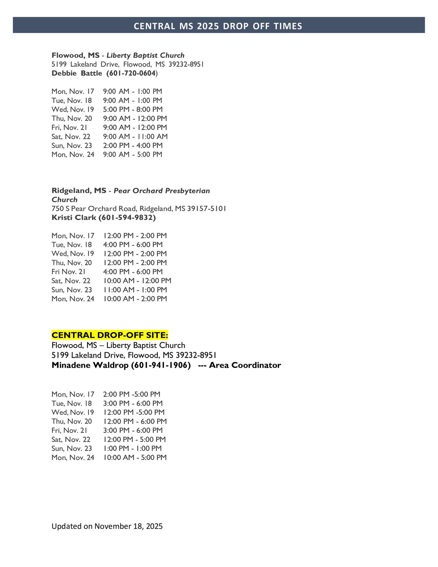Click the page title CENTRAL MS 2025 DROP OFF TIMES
(218, 26)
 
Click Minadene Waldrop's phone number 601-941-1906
(161, 365)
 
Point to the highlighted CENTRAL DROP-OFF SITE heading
(110, 335)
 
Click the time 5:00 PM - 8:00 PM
(133, 109)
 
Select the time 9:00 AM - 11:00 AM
(135, 137)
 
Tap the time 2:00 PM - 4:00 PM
(133, 145)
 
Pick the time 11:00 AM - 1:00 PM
(135, 290)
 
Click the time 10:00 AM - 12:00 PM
(137, 281)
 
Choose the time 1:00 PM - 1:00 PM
(133, 448)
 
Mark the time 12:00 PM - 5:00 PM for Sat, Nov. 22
(135, 439)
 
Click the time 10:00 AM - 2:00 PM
(135, 299)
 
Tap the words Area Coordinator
(245, 365)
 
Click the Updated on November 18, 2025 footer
(107, 526)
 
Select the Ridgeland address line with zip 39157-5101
(139, 208)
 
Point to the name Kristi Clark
(74, 218)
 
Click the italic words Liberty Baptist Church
(145, 55)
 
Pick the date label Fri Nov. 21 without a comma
(68, 272)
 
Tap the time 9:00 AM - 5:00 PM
(133, 155)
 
